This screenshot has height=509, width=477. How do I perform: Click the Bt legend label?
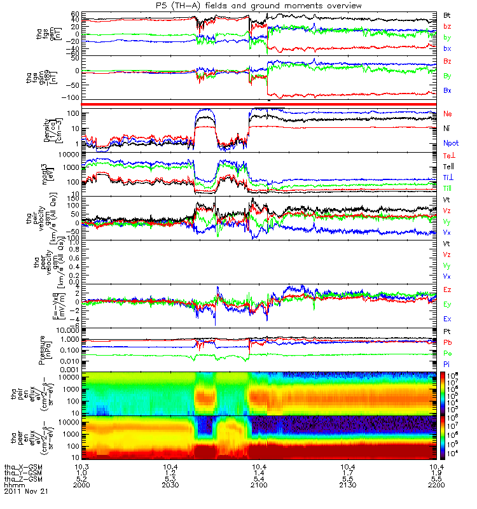448,14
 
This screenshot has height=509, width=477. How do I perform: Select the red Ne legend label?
448,114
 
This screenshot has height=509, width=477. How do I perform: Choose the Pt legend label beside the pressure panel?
448,331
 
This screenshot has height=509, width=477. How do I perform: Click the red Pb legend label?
448,342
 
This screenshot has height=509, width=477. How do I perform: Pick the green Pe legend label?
448,353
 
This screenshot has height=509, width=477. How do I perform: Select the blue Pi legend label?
448,364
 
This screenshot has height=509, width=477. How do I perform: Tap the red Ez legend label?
448,289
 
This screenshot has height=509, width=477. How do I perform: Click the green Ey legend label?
448,303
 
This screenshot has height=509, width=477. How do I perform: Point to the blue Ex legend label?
448,318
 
